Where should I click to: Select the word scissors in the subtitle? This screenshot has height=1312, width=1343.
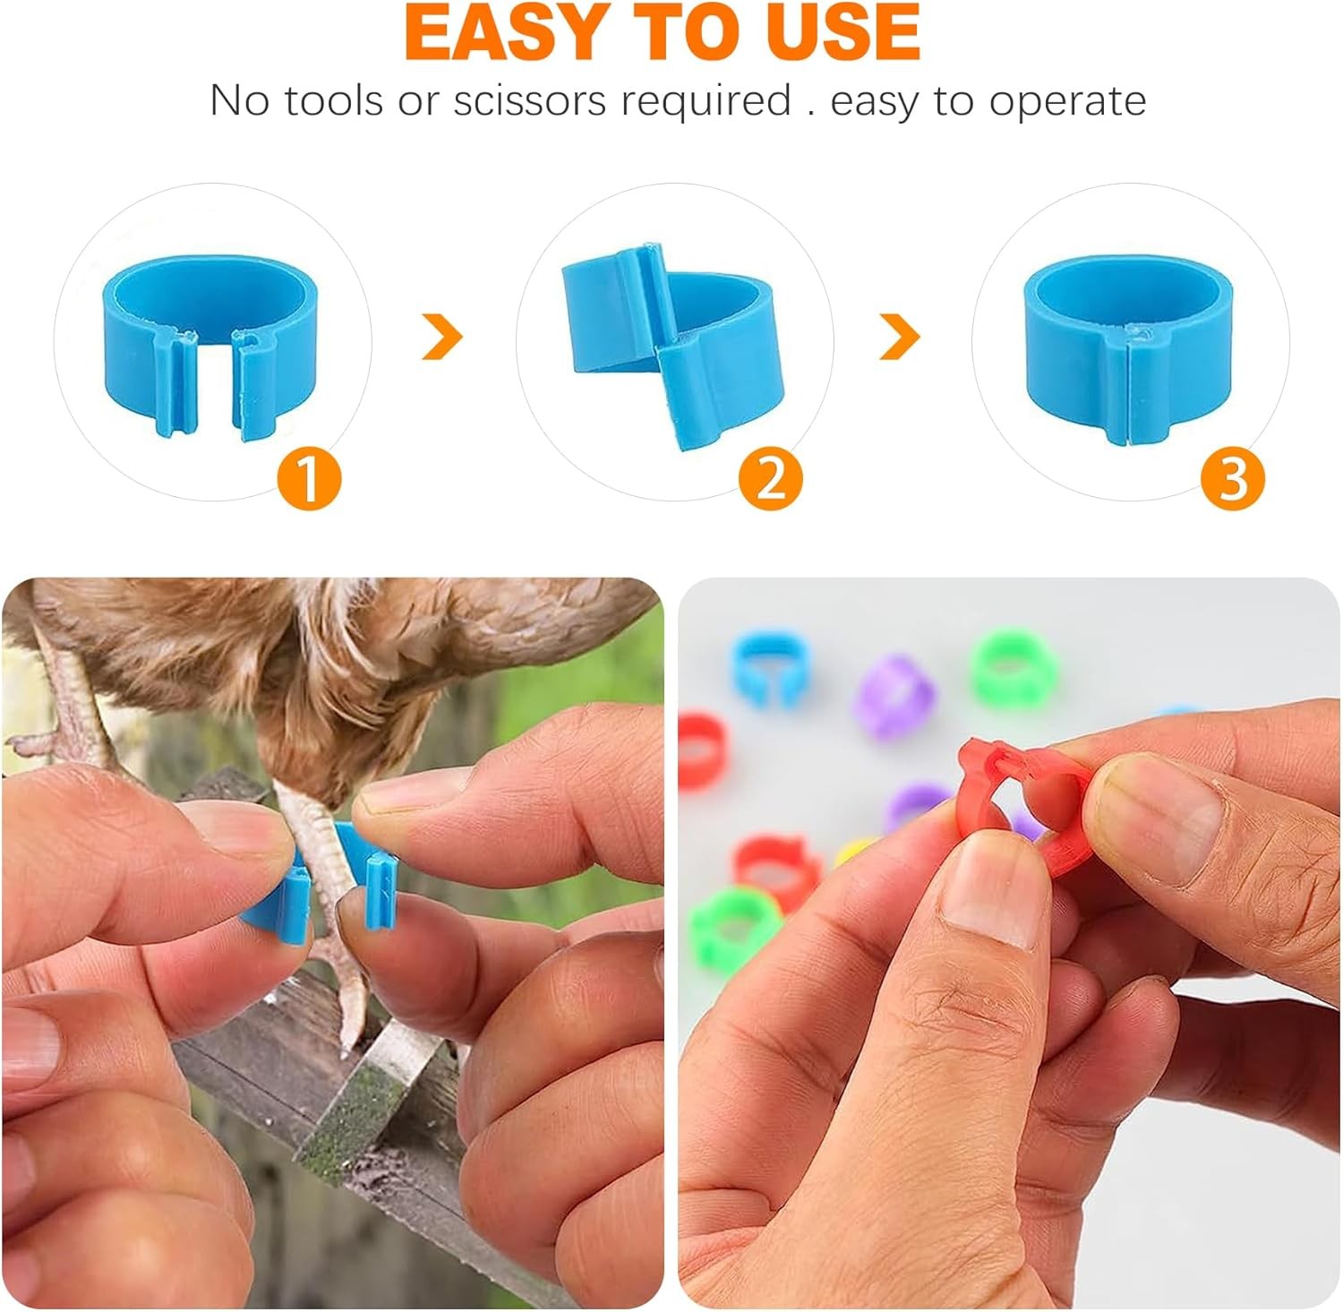click(x=530, y=100)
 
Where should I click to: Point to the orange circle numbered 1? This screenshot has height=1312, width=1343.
click(x=310, y=479)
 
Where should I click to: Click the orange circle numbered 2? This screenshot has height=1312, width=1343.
click(x=771, y=479)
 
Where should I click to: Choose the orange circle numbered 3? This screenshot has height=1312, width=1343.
click(x=1233, y=479)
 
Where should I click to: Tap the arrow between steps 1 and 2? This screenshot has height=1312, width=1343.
click(x=444, y=337)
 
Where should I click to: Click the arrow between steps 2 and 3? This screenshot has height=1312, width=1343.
click(x=901, y=337)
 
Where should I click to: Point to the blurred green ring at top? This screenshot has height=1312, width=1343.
click(x=1014, y=667)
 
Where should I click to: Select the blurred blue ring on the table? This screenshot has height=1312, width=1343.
click(x=766, y=667)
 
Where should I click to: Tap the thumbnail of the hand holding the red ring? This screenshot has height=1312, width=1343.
click(x=988, y=896)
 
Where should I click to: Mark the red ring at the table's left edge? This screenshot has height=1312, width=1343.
click(x=701, y=752)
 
